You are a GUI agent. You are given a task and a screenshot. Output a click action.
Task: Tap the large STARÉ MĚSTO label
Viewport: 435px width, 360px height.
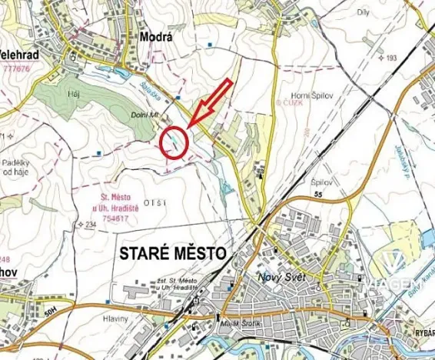(173, 254)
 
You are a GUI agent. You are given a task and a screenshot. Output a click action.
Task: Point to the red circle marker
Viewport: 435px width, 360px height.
(174, 142)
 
